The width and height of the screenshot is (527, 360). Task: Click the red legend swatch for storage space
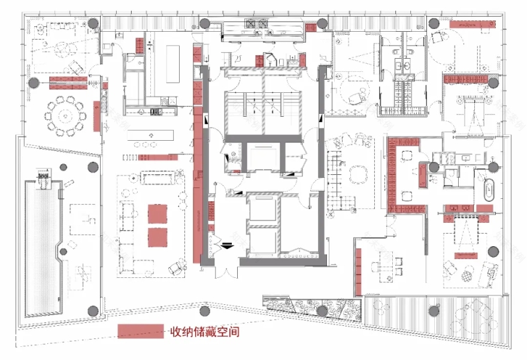click(141, 331)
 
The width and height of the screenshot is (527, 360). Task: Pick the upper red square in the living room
click(158, 214)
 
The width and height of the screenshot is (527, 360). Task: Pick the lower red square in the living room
click(158, 237)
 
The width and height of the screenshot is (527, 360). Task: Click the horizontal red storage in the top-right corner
click(473, 24)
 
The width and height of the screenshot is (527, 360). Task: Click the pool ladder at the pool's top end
click(43, 177)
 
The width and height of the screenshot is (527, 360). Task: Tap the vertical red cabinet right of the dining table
click(96, 116)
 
